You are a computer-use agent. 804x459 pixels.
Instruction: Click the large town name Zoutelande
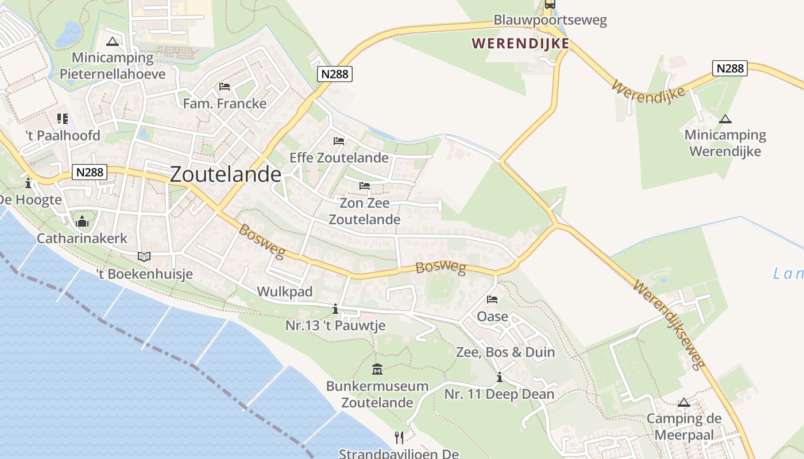tap(226, 174)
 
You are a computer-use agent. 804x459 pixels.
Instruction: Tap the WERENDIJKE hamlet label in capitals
tap(520, 43)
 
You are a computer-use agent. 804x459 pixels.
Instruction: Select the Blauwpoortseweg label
tap(550, 20)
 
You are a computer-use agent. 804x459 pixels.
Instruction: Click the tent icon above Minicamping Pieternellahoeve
tap(113, 41)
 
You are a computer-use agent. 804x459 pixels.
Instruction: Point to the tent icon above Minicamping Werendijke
tap(725, 119)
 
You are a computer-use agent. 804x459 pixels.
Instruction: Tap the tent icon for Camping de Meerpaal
tap(683, 403)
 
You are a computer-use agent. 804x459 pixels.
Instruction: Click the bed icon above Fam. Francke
tap(225, 87)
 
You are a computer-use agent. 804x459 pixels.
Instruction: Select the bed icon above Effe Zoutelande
tap(339, 141)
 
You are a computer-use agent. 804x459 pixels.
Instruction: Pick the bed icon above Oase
tap(492, 299)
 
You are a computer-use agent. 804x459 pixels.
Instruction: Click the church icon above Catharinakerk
tap(82, 221)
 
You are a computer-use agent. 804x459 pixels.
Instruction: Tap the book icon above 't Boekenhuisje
tap(144, 256)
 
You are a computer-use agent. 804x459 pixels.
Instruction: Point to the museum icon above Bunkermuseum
tap(377, 369)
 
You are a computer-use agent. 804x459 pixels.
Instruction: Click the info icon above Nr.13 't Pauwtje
tap(335, 310)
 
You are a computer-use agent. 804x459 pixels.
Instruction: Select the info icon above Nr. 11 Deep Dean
tap(500, 378)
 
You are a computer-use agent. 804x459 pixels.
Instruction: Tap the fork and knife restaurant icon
tap(399, 437)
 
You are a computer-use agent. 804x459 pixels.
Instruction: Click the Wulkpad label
tap(285, 291)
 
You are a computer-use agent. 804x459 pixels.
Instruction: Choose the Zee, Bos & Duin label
tap(505, 352)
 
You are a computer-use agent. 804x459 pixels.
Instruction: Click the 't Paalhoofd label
tap(63, 135)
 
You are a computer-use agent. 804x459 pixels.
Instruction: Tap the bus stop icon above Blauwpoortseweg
tap(550, 4)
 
